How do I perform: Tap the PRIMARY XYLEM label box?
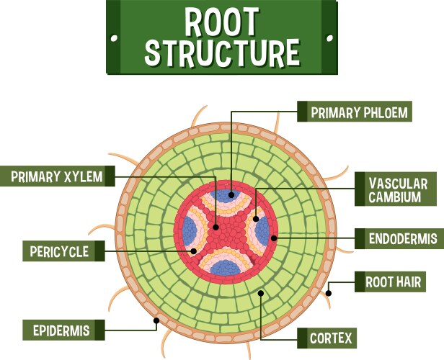[x=57, y=176]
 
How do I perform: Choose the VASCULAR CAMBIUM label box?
[x=397, y=191]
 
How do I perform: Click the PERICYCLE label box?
[x=59, y=251]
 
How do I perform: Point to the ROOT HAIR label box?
[x=393, y=282]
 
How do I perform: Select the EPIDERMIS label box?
[x=61, y=330]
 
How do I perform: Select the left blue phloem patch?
[x=190, y=230]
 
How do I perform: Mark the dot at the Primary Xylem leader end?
[x=216, y=228]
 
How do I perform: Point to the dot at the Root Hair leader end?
[x=329, y=293]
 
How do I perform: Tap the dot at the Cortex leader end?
[x=260, y=294]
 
